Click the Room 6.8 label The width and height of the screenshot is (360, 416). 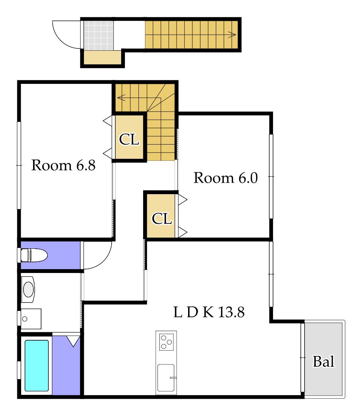63,165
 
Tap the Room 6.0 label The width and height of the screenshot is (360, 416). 226,178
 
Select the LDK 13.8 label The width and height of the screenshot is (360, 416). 209,312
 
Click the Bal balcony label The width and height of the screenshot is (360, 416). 323,361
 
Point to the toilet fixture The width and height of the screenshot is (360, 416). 34,255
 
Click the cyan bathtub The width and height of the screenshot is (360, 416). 37,366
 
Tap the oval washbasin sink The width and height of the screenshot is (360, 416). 28,289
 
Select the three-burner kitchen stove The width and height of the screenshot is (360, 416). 166,342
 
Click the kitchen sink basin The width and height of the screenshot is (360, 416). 166,378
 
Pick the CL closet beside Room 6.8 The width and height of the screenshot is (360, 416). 129,138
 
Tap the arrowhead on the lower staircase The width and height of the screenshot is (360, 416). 121,98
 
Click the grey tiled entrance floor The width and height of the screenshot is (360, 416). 99,35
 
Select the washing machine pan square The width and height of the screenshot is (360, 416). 31,319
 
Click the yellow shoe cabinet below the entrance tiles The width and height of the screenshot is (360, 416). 102,57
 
